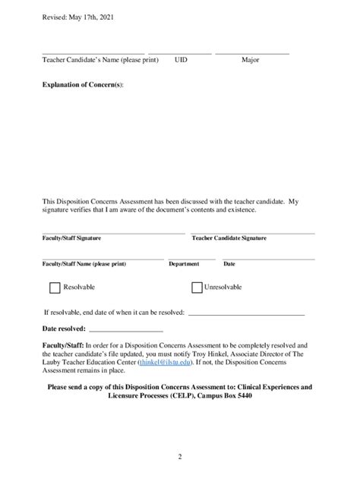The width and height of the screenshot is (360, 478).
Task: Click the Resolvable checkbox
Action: [x=55, y=288]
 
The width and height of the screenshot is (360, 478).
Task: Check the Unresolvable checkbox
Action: [x=197, y=288]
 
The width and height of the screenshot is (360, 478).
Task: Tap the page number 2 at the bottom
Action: [x=180, y=457]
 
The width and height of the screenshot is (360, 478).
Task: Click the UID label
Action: [x=181, y=59]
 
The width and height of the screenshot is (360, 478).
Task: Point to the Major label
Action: [x=251, y=59]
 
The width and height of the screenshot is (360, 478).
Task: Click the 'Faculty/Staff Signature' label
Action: [x=72, y=238]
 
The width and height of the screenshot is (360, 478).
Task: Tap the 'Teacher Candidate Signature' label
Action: [x=229, y=238]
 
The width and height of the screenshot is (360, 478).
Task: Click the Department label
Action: [x=184, y=264]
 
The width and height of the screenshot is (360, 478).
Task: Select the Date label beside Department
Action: [x=229, y=264]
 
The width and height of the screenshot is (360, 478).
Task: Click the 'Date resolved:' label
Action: [x=64, y=329]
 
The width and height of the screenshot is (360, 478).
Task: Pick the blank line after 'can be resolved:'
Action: [x=245, y=313]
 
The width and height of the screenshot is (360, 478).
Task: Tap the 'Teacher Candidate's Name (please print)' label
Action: [x=100, y=59]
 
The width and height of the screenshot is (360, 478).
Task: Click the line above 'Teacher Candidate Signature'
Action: [x=252, y=232]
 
